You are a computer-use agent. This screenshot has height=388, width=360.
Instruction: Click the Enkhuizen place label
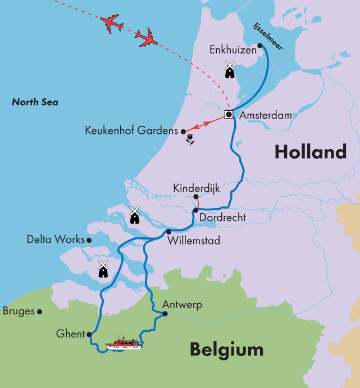(x=233, y=50)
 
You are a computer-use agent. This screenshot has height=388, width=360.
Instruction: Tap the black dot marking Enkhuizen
(x=259, y=46)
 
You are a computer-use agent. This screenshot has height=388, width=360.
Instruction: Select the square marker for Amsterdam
(x=229, y=114)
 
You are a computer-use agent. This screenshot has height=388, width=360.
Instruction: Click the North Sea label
(x=35, y=102)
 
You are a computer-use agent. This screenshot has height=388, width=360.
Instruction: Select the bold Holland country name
(x=310, y=152)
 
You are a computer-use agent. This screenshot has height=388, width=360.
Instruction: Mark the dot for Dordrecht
(x=195, y=210)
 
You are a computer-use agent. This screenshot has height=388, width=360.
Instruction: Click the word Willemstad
(x=194, y=241)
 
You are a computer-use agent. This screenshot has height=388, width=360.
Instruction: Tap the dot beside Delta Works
(x=89, y=240)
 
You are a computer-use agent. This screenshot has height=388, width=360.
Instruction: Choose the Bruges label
(x=19, y=311)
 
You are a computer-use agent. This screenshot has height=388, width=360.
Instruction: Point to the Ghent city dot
(x=89, y=334)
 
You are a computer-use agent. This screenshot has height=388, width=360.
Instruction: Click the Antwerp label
(x=181, y=305)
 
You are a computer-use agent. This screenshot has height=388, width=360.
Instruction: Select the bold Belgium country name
(x=226, y=349)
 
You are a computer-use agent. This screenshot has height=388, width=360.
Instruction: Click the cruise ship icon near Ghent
(x=125, y=343)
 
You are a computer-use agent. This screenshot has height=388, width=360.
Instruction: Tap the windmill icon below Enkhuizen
(x=229, y=69)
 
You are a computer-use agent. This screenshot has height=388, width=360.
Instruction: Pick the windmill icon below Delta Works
(x=103, y=269)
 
